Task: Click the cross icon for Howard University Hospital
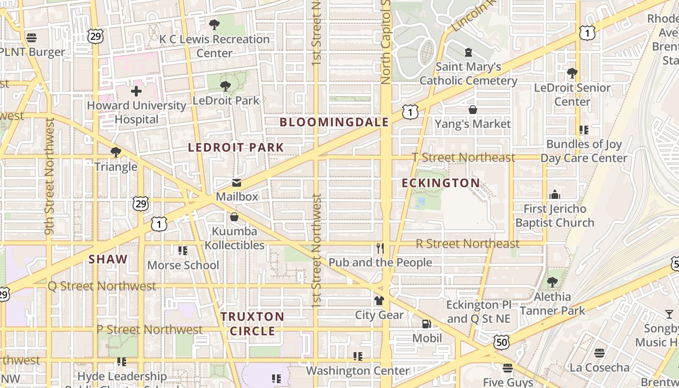[x=136, y=91]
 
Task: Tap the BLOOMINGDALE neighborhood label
[x=334, y=122]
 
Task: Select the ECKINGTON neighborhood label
[x=441, y=183]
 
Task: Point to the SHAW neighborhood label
[x=108, y=259]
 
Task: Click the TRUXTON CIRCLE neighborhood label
[x=253, y=324]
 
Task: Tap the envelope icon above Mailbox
[x=237, y=183]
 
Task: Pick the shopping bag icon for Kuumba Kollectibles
[x=234, y=217]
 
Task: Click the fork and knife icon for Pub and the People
[x=380, y=248]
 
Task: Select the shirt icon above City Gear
[x=379, y=301]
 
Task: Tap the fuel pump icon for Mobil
[x=427, y=323]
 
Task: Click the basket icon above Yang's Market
[x=473, y=110]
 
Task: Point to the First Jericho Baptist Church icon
[x=555, y=195]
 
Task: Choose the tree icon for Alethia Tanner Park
[x=552, y=282]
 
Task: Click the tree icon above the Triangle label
[x=115, y=152]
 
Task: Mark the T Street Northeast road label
[x=463, y=158]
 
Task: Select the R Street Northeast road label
[x=468, y=243]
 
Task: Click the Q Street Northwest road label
[x=102, y=286]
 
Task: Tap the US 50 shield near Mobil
[x=501, y=342]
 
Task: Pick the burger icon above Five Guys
[x=508, y=368]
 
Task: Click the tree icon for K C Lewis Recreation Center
[x=214, y=25]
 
